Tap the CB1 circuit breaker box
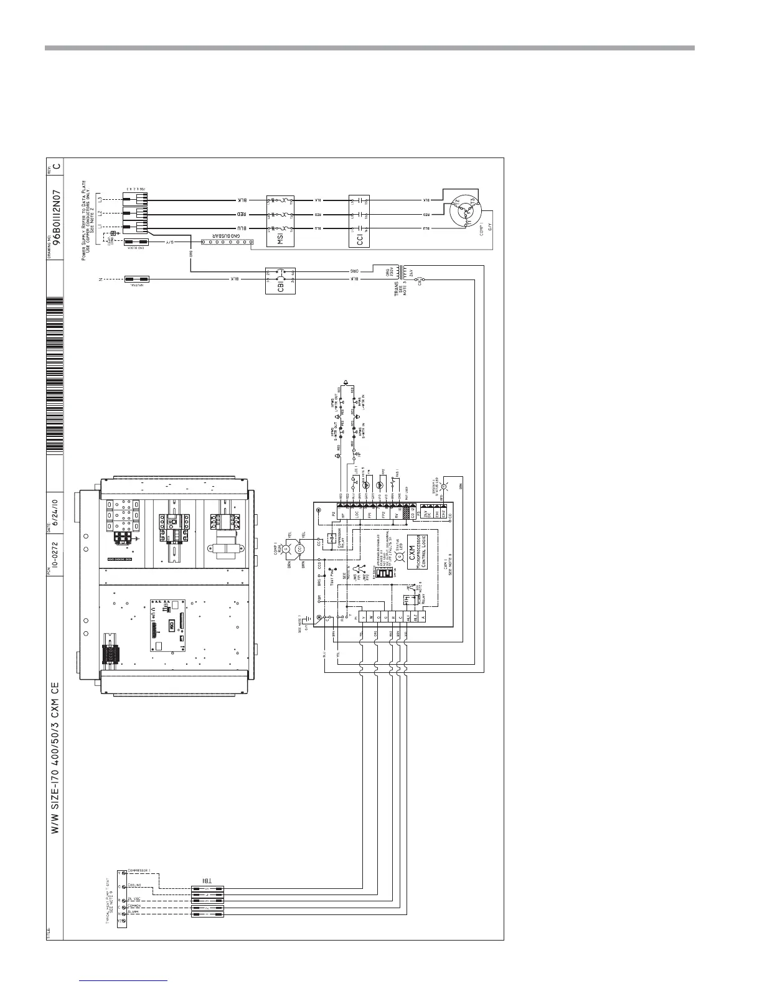point(280,281)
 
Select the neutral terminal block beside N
point(136,280)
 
